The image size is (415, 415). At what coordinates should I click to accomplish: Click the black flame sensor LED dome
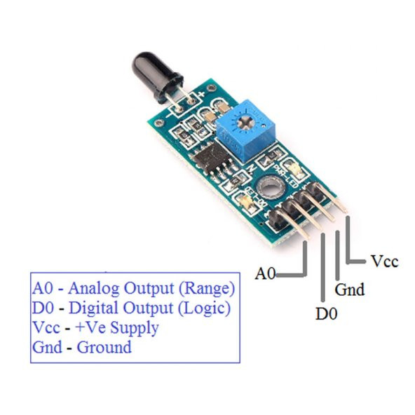(x=157, y=76)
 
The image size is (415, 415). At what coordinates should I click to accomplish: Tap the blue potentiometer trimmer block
(x=245, y=130)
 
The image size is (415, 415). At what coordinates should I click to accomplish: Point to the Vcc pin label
(x=384, y=261)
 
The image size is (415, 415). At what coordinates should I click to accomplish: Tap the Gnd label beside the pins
(x=350, y=290)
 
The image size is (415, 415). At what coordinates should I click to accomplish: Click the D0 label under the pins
(x=327, y=313)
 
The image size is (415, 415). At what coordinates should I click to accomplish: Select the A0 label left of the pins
(x=266, y=273)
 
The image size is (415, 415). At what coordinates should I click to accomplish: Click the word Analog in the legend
(x=94, y=289)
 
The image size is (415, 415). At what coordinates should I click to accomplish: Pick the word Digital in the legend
(x=93, y=308)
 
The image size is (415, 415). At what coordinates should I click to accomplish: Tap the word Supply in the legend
(x=134, y=328)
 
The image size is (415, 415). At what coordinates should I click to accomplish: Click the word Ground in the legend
(x=104, y=347)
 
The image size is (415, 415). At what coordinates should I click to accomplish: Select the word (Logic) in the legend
(x=204, y=308)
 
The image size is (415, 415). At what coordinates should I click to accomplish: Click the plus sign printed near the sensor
(x=202, y=94)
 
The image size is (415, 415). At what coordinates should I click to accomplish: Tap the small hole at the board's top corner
(x=211, y=88)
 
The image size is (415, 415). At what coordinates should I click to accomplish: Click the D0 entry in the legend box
(x=43, y=308)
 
